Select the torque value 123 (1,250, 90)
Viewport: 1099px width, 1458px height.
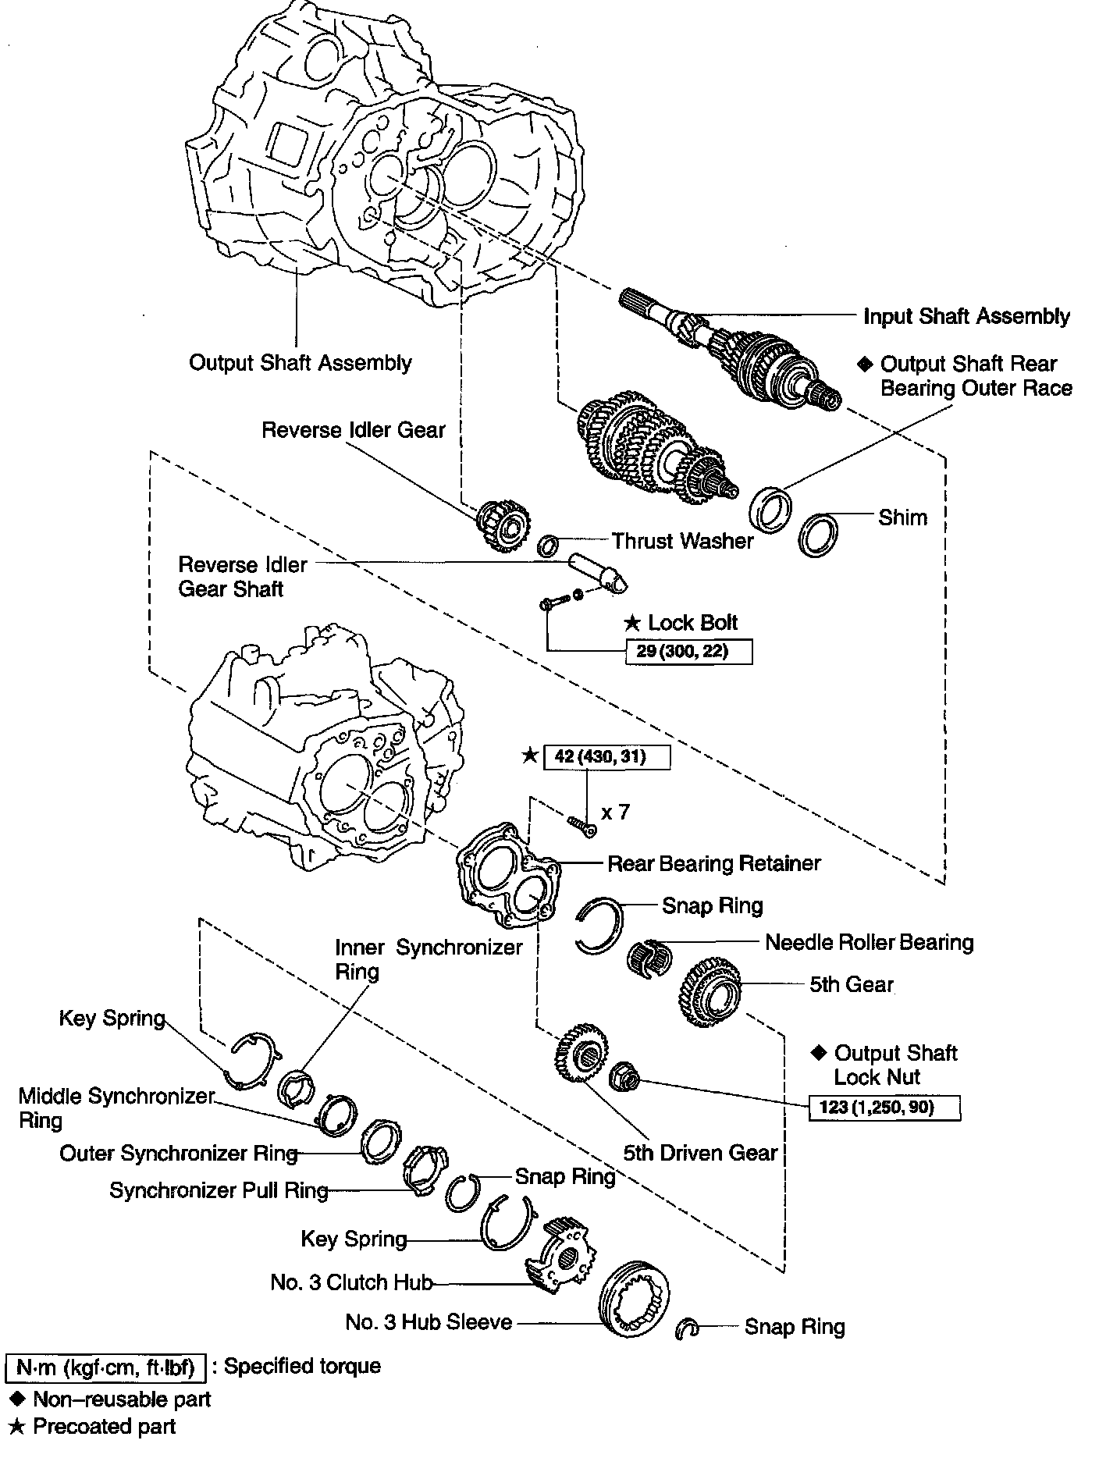point(884,1107)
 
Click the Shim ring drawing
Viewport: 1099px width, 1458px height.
point(820,535)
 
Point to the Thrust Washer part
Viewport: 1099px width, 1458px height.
point(548,544)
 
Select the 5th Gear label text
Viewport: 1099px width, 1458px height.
point(851,984)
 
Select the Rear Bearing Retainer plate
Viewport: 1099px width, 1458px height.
point(506,874)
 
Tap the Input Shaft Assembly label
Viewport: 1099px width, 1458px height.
point(966,316)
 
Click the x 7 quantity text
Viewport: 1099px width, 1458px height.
point(615,813)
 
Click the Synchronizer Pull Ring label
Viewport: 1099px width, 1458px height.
point(219,1190)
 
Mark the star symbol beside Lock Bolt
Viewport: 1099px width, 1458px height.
point(632,623)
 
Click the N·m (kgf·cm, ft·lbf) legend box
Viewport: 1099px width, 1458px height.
point(105,1367)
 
